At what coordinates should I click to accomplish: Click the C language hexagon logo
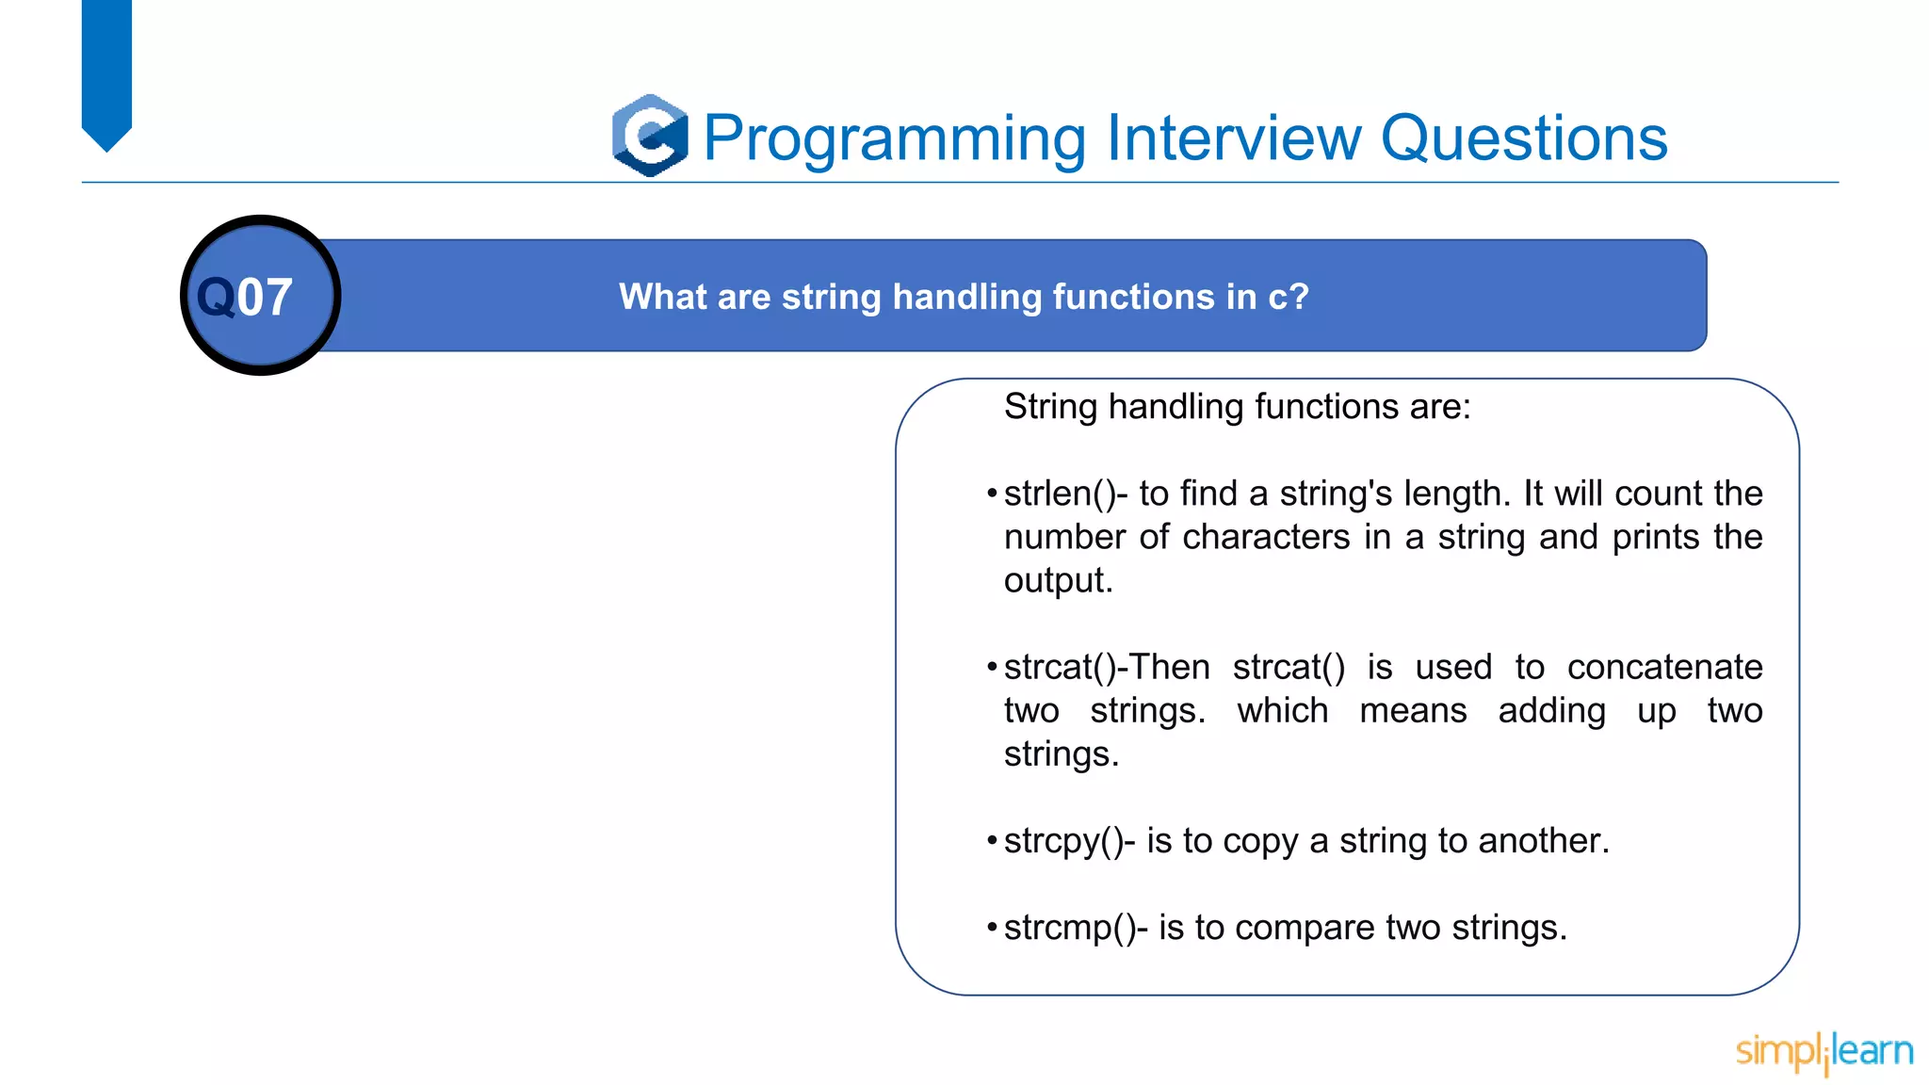(x=650, y=136)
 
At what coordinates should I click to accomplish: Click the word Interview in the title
(x=1234, y=138)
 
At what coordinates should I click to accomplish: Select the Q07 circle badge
(x=260, y=296)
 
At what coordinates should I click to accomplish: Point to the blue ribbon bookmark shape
(x=106, y=71)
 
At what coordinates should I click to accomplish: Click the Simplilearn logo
(x=1824, y=1052)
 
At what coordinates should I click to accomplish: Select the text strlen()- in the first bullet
(x=1064, y=494)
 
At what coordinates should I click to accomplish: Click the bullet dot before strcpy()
(x=992, y=840)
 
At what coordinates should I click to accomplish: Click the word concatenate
(x=1664, y=667)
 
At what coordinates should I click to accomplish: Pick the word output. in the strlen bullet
(x=1058, y=580)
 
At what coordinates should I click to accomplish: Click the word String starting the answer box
(x=1050, y=407)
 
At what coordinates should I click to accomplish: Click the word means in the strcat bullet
(x=1413, y=710)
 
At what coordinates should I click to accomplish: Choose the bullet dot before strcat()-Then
(x=992, y=667)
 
